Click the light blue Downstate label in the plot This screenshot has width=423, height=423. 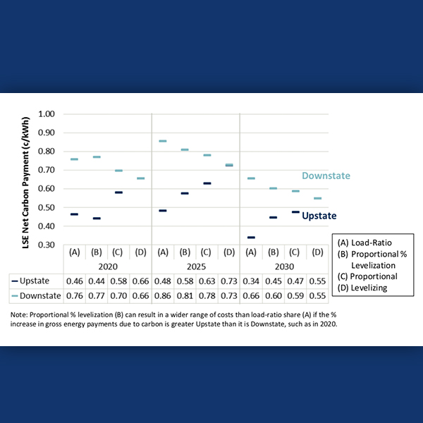coord(326,176)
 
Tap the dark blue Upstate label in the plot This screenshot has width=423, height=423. coord(319,216)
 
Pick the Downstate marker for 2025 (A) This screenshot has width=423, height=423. coord(162,141)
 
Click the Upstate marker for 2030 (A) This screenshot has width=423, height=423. coord(251,238)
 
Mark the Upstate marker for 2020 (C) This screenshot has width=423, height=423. coord(118,192)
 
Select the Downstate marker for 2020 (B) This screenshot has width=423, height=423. coord(97,157)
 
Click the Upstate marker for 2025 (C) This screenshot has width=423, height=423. coord(207,183)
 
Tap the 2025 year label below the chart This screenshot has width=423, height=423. coord(195,267)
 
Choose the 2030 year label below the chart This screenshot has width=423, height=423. coord(284,267)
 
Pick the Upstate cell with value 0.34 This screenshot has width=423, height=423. coord(251,281)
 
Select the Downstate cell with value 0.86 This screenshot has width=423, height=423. coord(162,295)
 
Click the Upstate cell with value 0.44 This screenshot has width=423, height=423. coord(97,281)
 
